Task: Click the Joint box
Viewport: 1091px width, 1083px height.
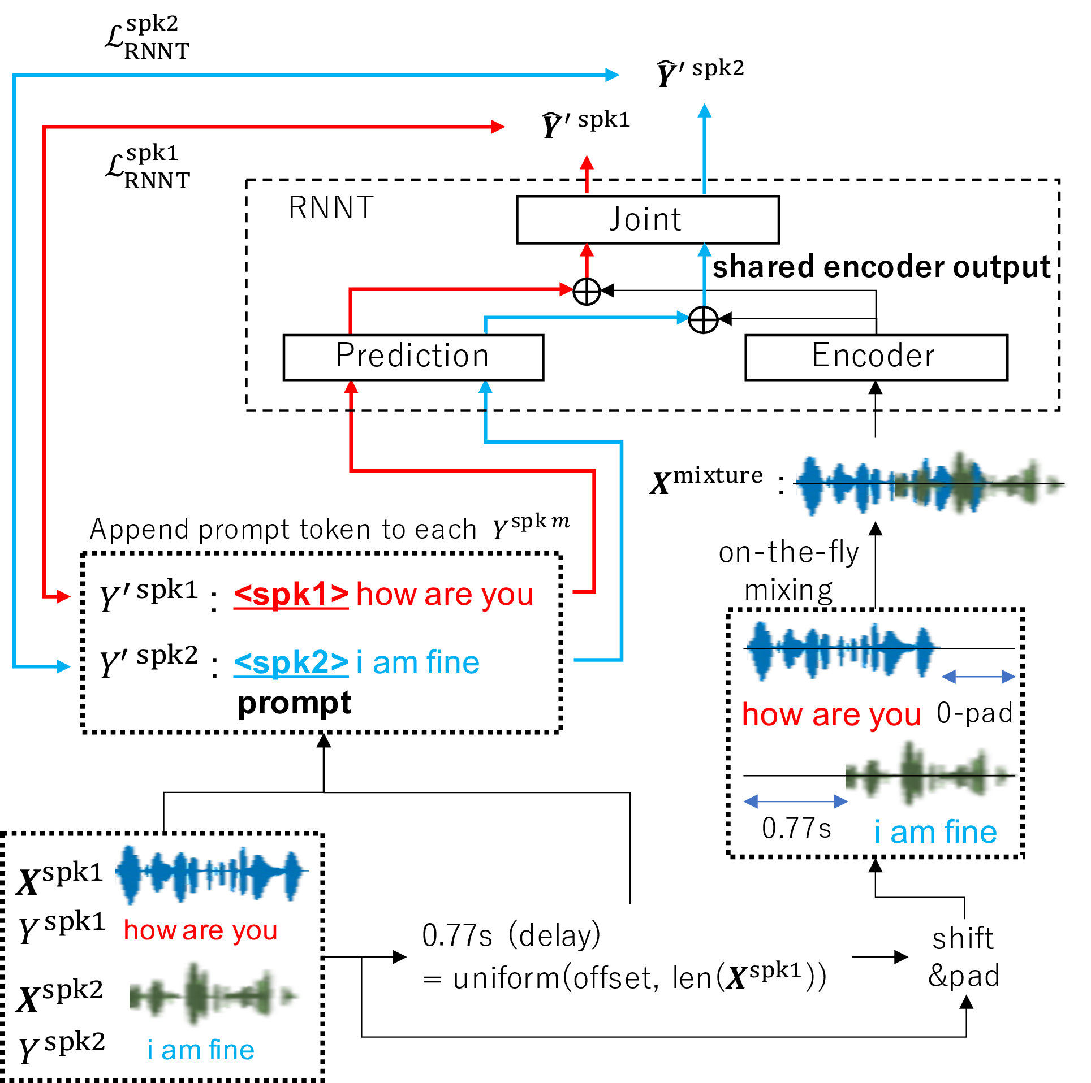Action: [647, 219]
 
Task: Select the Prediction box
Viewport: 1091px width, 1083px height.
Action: [413, 357]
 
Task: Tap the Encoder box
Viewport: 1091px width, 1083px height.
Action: [876, 357]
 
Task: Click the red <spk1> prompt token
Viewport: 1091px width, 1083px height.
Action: [291, 594]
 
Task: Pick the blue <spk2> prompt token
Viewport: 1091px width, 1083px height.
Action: [291, 662]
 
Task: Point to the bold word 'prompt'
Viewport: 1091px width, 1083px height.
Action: [294, 703]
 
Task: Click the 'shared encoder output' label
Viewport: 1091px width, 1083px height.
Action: [881, 267]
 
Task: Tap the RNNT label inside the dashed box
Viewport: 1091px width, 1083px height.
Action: [331, 207]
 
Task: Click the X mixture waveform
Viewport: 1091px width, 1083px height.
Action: [928, 484]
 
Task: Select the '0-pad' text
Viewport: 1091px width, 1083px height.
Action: [974, 713]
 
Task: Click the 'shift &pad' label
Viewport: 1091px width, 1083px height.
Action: [964, 957]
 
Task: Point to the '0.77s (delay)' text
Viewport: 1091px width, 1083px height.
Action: [511, 935]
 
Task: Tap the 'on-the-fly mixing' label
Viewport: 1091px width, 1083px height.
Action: [789, 571]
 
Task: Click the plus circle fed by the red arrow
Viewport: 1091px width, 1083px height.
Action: [587, 291]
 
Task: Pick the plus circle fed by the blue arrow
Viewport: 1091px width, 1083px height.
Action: [703, 320]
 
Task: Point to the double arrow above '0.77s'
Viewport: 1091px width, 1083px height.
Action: [795, 801]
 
